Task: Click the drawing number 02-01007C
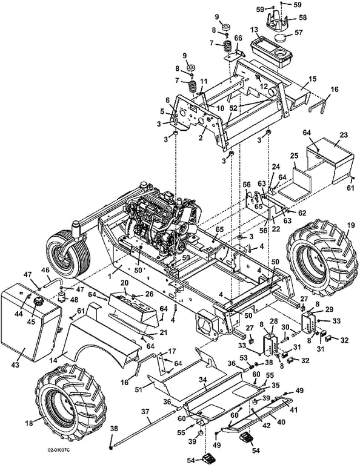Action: coord(59,450)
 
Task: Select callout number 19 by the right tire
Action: coord(350,225)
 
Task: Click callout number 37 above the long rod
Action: coord(145,411)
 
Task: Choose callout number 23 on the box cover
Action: coord(344,135)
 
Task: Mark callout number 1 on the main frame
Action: coord(110,276)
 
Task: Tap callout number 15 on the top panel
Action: coord(312,79)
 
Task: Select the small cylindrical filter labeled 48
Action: coord(62,296)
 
